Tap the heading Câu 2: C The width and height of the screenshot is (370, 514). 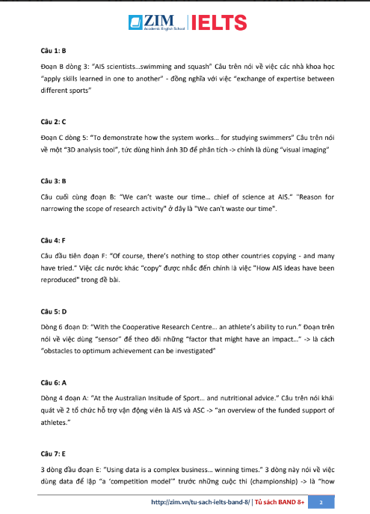pos(53,120)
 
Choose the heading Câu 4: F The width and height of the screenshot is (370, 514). pos(53,242)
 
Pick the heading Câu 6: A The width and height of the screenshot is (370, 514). pos(53,382)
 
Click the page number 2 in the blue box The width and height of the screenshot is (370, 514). pos(320,502)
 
